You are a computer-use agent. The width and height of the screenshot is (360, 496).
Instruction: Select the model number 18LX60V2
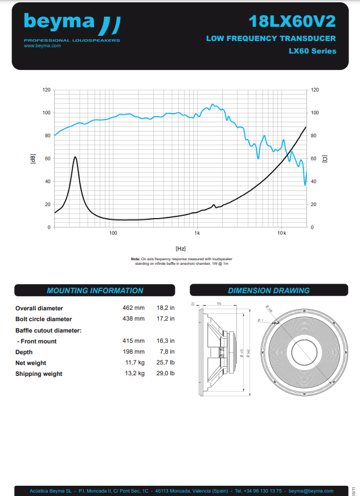(x=292, y=21)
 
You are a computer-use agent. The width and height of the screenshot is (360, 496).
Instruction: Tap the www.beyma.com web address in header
(x=42, y=46)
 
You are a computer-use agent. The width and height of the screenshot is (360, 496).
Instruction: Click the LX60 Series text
(x=312, y=51)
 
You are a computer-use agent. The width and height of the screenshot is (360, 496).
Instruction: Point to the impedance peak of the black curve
(x=75, y=157)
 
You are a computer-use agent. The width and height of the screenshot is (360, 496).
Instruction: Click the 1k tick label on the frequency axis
(x=197, y=233)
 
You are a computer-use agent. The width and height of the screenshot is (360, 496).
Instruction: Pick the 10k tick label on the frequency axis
(x=281, y=233)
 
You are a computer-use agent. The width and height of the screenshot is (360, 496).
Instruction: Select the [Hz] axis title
(x=181, y=248)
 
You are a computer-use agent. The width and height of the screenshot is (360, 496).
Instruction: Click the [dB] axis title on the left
(x=32, y=158)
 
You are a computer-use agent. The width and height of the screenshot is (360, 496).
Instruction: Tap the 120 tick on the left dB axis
(x=47, y=90)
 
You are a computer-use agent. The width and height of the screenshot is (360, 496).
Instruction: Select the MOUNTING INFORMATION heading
(x=95, y=290)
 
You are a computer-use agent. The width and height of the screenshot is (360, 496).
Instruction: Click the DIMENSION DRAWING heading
(x=269, y=290)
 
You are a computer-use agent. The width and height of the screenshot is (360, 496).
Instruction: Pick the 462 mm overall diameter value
(x=134, y=308)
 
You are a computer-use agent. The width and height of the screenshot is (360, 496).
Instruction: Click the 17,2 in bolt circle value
(x=165, y=319)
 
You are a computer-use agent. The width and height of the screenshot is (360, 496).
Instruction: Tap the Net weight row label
(x=31, y=363)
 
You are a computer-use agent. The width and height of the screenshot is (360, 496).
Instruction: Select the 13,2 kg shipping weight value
(x=134, y=374)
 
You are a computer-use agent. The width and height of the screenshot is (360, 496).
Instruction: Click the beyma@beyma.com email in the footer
(x=311, y=490)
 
